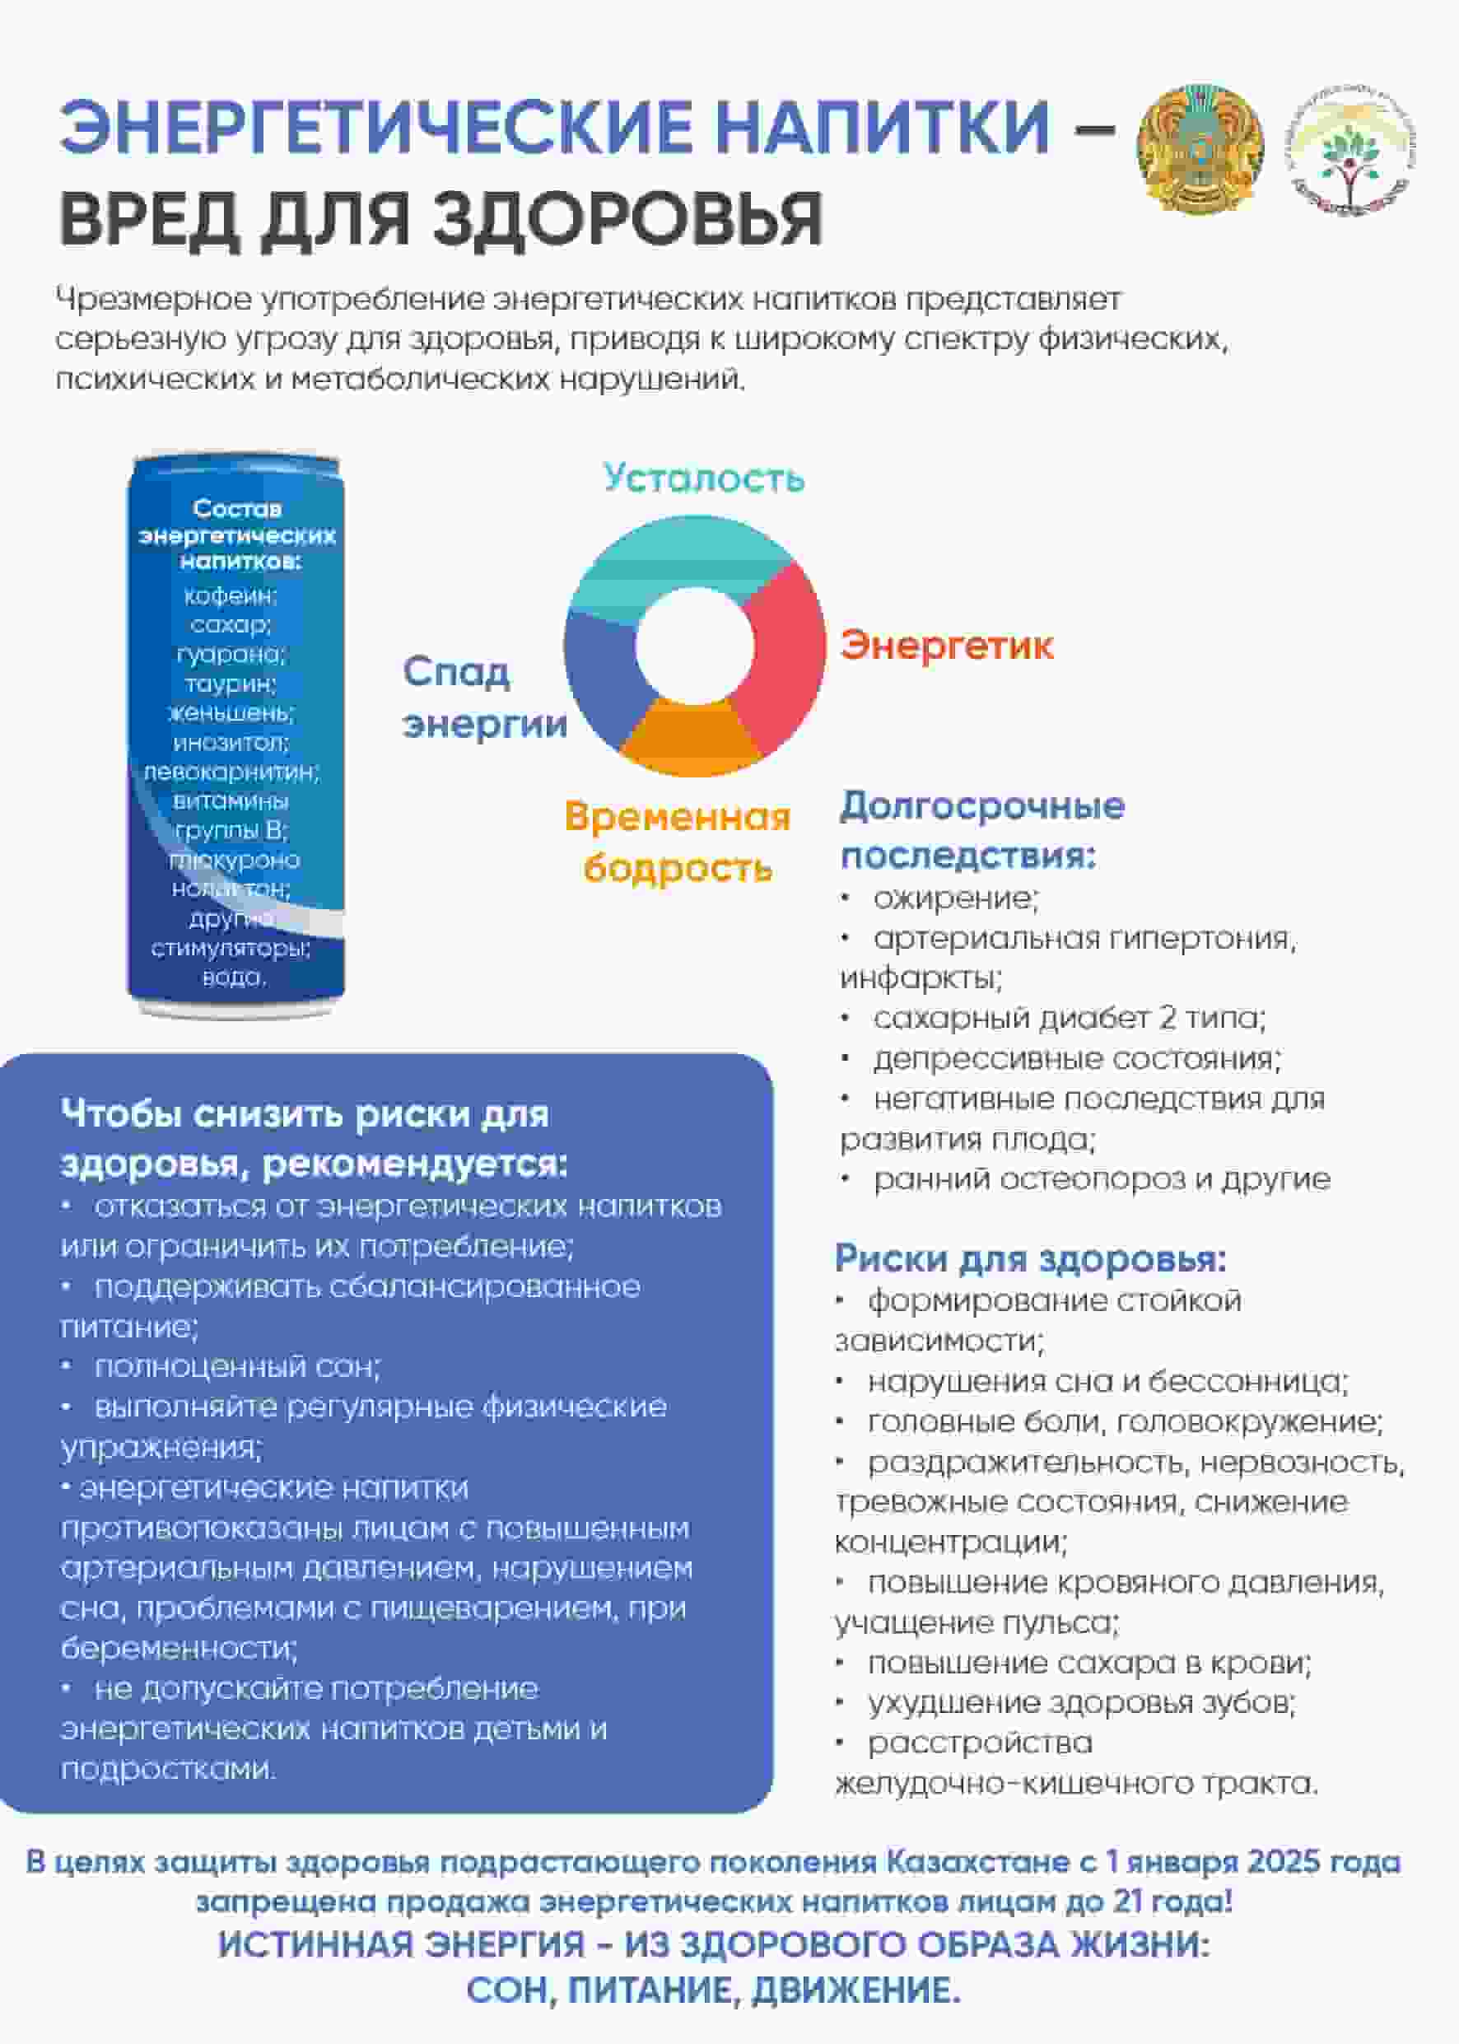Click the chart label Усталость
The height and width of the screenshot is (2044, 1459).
[703, 478]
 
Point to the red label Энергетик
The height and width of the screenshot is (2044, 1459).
[946, 646]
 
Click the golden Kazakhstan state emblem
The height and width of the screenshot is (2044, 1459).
[1200, 149]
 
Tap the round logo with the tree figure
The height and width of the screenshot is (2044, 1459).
[1350, 149]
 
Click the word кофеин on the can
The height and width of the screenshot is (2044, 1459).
[231, 595]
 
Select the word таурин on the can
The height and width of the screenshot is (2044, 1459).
[231, 684]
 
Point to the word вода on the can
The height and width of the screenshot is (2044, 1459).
[233, 977]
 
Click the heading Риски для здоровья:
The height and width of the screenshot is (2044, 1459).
[1031, 1258]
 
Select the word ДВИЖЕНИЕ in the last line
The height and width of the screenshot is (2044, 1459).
[855, 1990]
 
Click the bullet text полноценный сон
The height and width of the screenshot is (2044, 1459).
[237, 1366]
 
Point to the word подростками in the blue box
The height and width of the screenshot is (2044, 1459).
[168, 1769]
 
